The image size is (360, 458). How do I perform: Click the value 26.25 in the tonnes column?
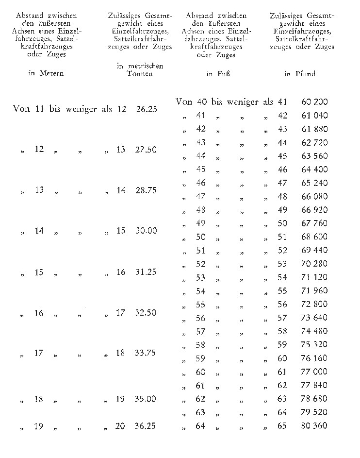point(146,109)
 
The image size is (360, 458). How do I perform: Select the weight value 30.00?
point(146,231)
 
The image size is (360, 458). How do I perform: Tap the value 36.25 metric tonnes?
point(146,426)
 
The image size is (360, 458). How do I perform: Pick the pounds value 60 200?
point(314,102)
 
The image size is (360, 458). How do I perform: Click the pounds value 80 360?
point(314,426)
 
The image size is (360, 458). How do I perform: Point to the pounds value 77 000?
point(314,372)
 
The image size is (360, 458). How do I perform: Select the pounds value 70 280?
point(314,264)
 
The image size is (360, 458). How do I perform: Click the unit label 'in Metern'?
point(46,74)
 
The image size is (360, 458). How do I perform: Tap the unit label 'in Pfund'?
point(300,74)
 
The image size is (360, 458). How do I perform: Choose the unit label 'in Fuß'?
point(217,74)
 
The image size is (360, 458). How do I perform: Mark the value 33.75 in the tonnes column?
point(146,354)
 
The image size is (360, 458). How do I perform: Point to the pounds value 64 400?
point(314,170)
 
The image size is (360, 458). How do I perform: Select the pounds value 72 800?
point(314,305)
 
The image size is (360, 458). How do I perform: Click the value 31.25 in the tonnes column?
point(146,272)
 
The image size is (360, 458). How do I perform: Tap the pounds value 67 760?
point(314,224)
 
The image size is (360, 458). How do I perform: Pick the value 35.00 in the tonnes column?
point(146,399)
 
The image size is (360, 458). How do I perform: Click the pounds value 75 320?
point(314,345)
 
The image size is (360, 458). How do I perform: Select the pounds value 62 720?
point(314,143)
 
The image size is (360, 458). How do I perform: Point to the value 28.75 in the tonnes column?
point(146,191)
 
